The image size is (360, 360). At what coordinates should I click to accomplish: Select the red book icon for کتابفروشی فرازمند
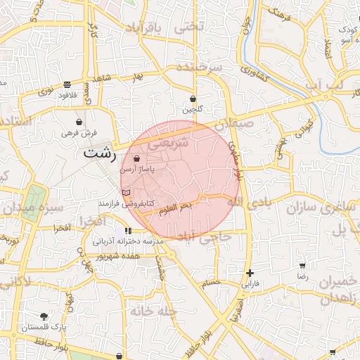126,192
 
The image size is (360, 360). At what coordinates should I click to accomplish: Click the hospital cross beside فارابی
250,273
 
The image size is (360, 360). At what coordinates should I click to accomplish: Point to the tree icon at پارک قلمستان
44,316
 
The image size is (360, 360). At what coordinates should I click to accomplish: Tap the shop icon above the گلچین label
193,99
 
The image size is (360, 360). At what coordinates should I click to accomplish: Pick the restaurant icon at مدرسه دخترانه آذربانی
128,231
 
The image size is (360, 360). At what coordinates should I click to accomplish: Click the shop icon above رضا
302,266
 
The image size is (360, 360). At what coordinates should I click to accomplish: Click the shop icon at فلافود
67,84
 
